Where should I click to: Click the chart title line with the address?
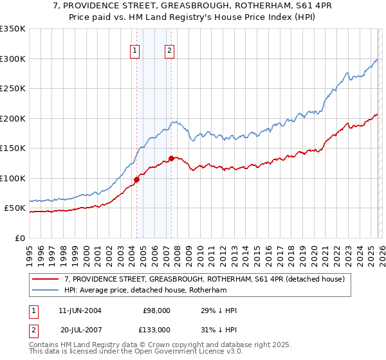[193, 6]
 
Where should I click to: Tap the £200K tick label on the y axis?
[13, 118]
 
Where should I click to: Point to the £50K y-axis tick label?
[15, 208]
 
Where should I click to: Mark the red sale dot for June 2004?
[136, 179]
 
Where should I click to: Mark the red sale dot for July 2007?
[171, 158]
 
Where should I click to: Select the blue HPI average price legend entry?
[154, 291]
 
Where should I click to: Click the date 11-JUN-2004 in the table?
[80, 310]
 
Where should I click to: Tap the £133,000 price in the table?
[156, 330]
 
